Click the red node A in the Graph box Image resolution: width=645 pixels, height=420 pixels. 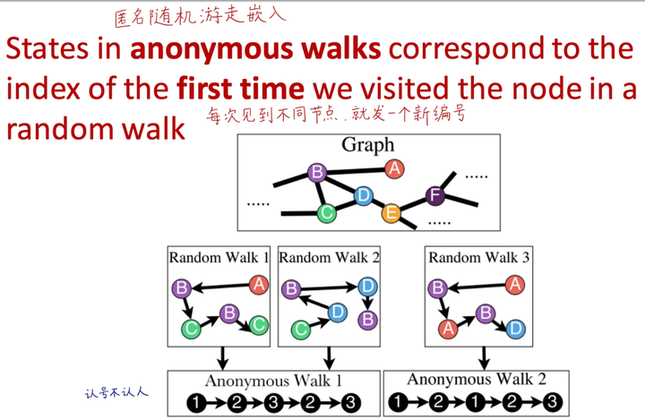(x=392, y=168)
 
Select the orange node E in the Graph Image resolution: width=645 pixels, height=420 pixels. (x=391, y=213)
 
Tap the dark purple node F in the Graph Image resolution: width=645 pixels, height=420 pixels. (x=435, y=195)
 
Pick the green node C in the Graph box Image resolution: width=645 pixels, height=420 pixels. (x=327, y=212)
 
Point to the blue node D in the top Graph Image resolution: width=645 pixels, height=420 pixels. (x=363, y=195)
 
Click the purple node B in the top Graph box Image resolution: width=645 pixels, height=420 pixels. (x=315, y=172)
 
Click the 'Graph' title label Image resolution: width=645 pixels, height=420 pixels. (x=367, y=145)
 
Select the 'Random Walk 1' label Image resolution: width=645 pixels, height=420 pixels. (x=219, y=257)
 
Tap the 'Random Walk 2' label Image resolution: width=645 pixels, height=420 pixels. (x=330, y=257)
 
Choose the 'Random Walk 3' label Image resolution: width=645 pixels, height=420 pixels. (x=479, y=257)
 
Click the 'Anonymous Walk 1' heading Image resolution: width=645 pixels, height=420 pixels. (x=273, y=381)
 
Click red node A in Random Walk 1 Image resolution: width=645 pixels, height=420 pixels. (x=259, y=285)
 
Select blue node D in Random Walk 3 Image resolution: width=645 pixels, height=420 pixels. (x=514, y=329)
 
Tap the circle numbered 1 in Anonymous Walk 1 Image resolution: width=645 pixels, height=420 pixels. (x=197, y=403)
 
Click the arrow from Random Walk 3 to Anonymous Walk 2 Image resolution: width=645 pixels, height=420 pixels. (x=484, y=357)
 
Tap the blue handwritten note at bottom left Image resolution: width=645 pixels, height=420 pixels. (x=116, y=391)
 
